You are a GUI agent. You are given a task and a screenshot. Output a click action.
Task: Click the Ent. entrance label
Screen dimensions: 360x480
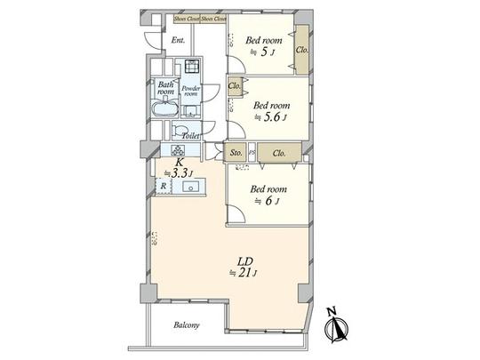coord(178,40)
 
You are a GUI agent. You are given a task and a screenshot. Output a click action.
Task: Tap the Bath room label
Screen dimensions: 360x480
coord(165,88)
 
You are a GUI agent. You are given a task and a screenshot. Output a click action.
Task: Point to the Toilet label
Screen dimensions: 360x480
coord(189,136)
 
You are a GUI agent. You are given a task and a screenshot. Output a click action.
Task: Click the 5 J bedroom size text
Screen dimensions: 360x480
coord(265,52)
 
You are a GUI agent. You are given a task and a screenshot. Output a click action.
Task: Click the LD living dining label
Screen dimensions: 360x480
coord(244,261)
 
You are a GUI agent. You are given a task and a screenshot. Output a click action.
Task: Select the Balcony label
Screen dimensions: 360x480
coord(186,325)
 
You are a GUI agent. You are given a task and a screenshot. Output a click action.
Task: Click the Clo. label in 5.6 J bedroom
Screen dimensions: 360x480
coord(235,86)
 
